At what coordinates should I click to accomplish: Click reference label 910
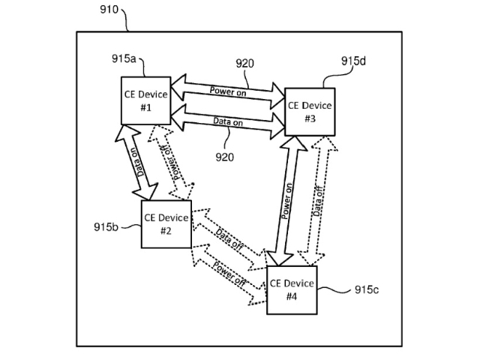109,10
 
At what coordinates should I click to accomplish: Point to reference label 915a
124,58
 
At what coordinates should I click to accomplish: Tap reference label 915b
106,226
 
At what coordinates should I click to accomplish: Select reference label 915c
367,289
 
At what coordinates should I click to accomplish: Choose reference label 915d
353,61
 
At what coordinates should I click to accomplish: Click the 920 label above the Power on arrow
244,63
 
